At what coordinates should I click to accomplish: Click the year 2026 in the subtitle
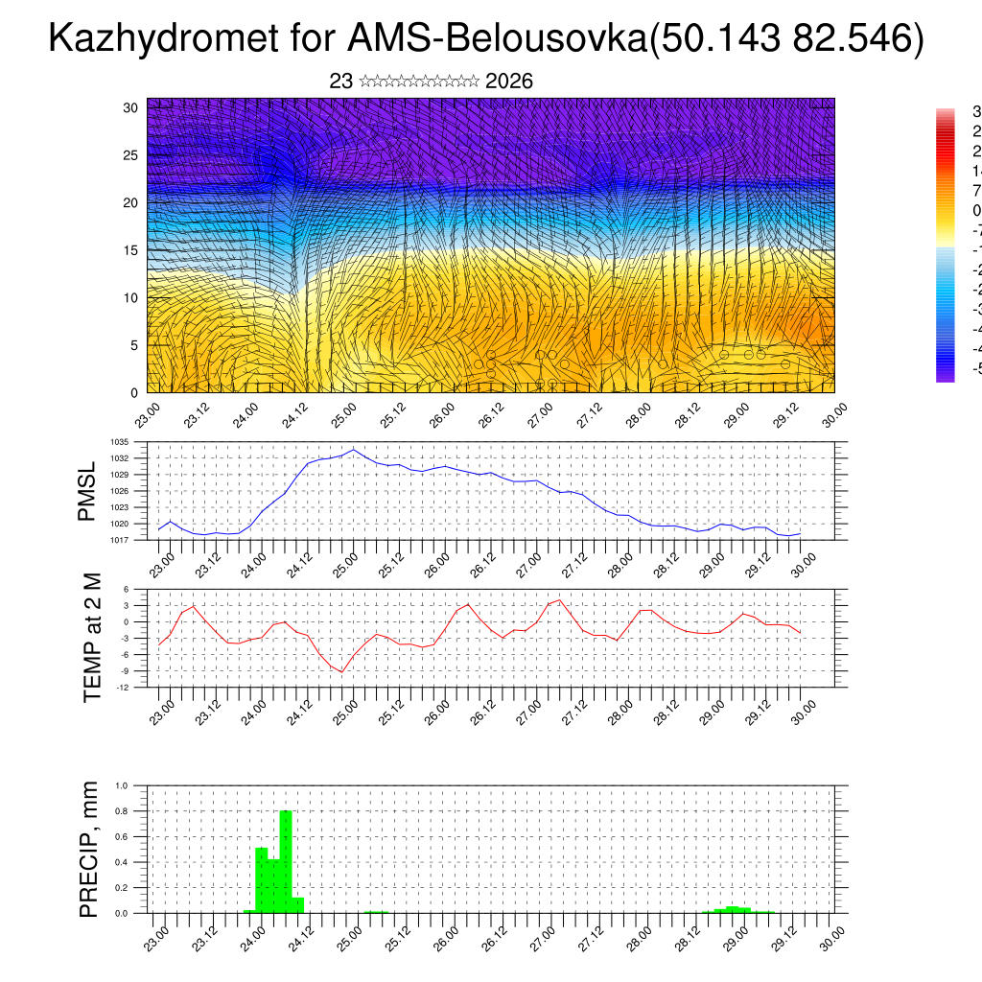[509, 82]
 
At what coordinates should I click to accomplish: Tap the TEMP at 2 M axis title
[93, 639]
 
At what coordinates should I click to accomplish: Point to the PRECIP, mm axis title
[89, 849]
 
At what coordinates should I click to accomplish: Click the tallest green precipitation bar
[285, 862]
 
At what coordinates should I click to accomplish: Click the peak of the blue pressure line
[354, 450]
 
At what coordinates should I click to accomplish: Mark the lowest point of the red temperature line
[341, 671]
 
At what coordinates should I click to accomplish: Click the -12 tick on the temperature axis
[125, 687]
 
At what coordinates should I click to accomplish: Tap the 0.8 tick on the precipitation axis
[122, 811]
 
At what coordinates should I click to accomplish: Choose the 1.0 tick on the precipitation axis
[122, 785]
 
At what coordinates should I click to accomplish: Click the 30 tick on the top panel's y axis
[130, 107]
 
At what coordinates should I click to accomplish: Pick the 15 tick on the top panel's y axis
[130, 250]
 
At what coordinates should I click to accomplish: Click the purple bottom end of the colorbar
[946, 377]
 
